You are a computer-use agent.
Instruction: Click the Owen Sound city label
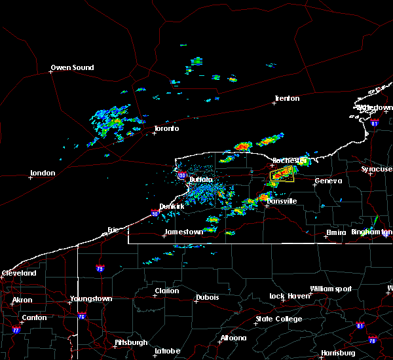click(x=73, y=67)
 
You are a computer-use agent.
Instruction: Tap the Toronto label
click(x=166, y=128)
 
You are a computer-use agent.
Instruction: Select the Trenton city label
click(x=287, y=99)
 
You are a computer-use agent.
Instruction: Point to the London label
click(x=42, y=173)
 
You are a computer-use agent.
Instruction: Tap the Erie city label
click(x=115, y=229)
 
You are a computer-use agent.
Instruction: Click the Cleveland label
click(x=18, y=272)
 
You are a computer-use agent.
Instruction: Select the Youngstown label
click(x=91, y=299)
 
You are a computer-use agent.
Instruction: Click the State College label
click(x=279, y=319)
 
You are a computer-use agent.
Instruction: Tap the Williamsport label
click(x=331, y=289)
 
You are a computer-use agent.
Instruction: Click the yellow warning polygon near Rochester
click(x=282, y=174)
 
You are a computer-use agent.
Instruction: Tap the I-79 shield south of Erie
click(x=100, y=268)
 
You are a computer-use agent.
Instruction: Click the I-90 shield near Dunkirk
click(x=155, y=213)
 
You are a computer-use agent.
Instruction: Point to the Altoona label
click(x=233, y=338)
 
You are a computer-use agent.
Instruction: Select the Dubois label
click(x=206, y=299)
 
